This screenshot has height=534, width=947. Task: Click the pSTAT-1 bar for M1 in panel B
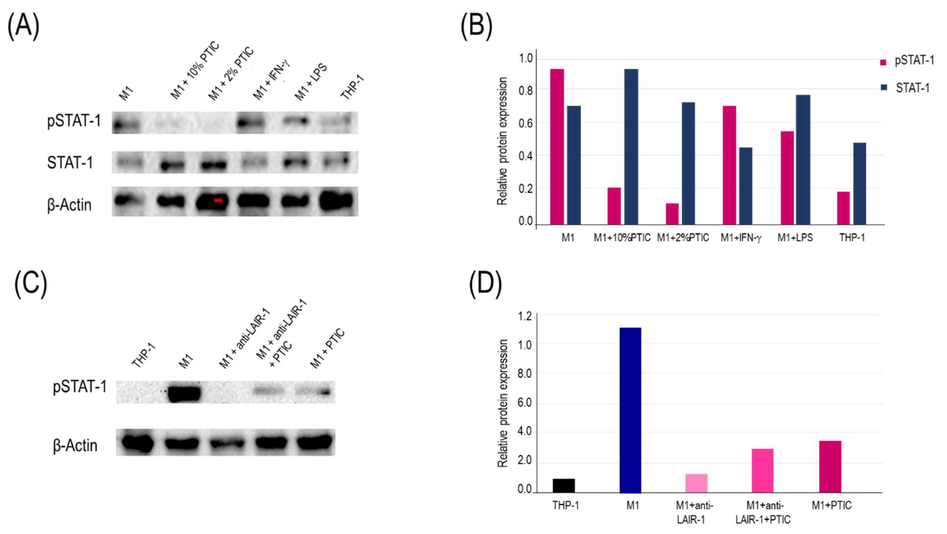557,147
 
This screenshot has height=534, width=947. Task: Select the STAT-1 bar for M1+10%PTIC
631,147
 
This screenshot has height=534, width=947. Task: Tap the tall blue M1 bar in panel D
630,410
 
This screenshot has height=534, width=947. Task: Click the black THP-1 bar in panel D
564,486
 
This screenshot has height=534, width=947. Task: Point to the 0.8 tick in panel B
525,90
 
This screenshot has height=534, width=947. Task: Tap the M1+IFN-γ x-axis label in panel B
740,238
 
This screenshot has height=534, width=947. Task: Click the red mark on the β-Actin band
218,200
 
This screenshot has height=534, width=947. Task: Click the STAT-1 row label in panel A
70,163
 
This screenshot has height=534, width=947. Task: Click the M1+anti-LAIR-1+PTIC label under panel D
763,513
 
